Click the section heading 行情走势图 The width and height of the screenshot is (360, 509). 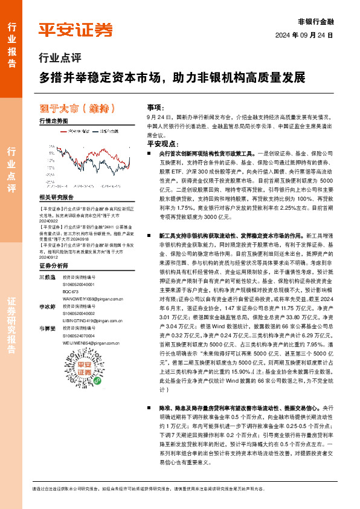point(53,121)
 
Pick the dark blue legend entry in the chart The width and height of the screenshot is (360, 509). point(105,130)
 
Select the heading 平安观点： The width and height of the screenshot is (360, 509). point(161,144)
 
